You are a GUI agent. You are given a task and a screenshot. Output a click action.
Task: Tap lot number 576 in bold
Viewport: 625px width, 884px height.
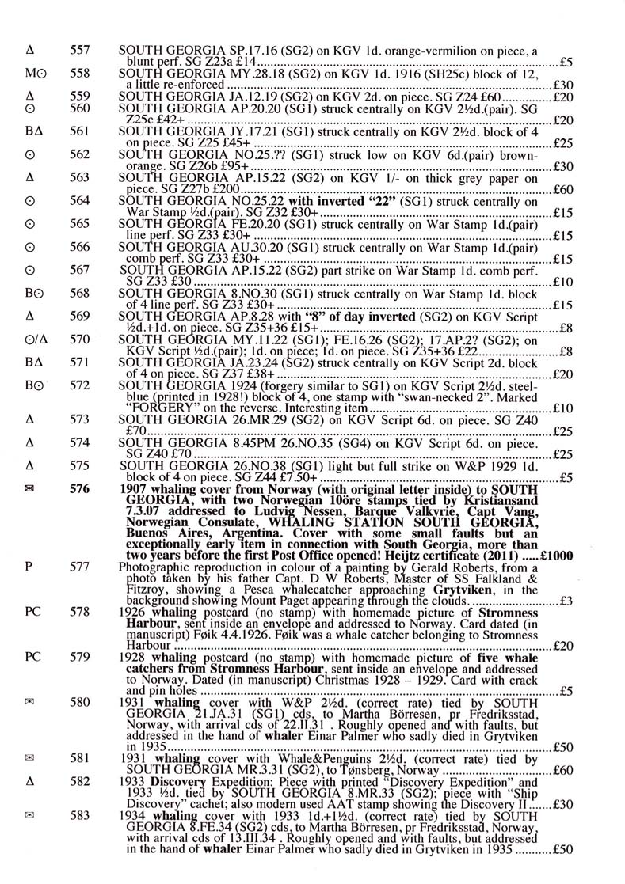(x=79, y=490)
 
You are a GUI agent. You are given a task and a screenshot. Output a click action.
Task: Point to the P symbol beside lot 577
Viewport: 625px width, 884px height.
(x=29, y=567)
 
